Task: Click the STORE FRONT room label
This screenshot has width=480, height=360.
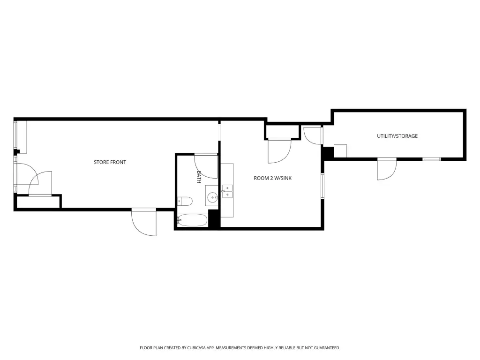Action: coord(110,162)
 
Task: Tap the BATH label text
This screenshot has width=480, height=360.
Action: coord(199,177)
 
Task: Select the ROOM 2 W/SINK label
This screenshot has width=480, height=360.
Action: coord(272,178)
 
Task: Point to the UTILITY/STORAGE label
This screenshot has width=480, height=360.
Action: coord(397,136)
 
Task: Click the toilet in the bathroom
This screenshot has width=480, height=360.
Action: coord(185,201)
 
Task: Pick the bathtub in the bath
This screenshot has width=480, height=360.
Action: coord(192,220)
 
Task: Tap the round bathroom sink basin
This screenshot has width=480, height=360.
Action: coord(212,197)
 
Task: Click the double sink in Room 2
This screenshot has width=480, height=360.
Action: coord(227,191)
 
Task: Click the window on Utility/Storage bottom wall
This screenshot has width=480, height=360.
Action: coord(432,159)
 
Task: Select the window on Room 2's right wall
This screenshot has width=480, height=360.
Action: coord(322,186)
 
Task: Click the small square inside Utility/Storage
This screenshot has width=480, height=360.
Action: coord(340,151)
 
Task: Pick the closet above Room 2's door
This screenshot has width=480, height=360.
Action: coord(282,132)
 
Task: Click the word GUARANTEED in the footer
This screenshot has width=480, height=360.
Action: coord(327,348)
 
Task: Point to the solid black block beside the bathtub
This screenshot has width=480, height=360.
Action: coord(214,218)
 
